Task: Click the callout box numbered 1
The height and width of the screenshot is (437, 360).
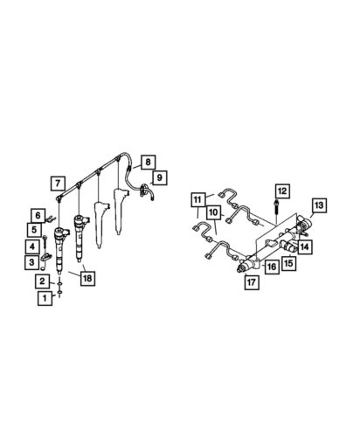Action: tap(42, 298)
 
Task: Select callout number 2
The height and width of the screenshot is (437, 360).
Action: tap(42, 281)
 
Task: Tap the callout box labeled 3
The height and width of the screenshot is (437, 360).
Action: tap(30, 261)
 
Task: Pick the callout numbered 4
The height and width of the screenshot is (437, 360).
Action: tap(30, 246)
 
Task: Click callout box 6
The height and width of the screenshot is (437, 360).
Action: tap(38, 214)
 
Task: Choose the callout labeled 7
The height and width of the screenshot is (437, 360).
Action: tap(57, 184)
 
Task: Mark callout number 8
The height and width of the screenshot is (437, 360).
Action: tap(149, 162)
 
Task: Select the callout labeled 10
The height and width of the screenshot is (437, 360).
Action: tap(212, 212)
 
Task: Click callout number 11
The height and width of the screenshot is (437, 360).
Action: tap(197, 198)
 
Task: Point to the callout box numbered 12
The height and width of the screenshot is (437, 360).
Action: tap(281, 190)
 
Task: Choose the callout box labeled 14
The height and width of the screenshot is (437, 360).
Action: tap(304, 247)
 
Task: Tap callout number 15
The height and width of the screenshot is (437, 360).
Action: tap(287, 261)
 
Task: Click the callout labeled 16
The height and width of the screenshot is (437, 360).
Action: tap(272, 267)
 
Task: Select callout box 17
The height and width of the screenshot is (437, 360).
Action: tap(252, 282)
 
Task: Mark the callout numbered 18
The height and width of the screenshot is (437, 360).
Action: tap(87, 278)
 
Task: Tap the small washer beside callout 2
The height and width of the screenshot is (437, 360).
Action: tap(58, 284)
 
